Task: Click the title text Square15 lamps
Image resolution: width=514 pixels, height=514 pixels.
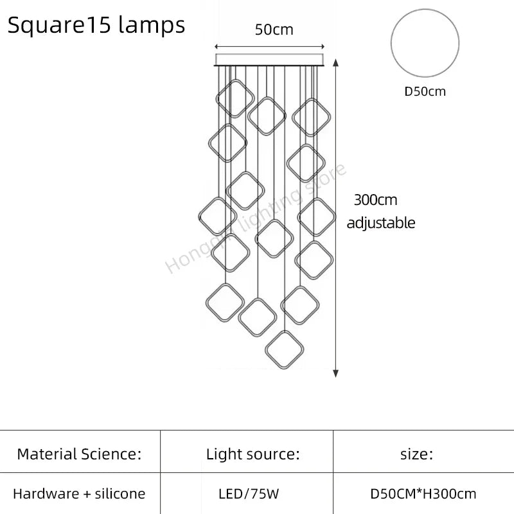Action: pos(96,25)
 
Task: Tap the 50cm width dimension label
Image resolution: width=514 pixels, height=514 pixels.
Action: pos(274,30)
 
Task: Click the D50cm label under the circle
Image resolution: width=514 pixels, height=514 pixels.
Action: pos(425,91)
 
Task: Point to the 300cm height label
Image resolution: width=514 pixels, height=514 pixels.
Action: pos(376,200)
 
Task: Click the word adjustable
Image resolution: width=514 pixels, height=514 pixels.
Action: pos(381,223)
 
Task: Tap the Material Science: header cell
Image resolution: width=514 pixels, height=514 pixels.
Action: pos(79,455)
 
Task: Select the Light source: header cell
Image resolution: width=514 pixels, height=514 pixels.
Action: pos(253,455)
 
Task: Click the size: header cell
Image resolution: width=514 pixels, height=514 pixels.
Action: pos(416,455)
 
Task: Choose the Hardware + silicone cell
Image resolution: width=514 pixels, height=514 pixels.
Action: pos(79,494)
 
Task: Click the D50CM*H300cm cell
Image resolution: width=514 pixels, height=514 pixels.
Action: pos(423,494)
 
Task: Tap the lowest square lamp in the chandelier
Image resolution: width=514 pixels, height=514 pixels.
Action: pos(285,350)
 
